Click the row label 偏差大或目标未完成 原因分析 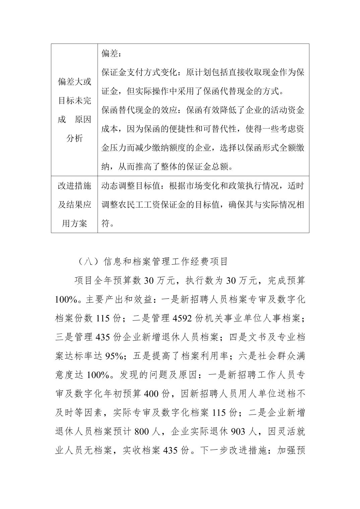click(x=74, y=110)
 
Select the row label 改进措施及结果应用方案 click(x=74, y=205)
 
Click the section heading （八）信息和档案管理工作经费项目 click(x=152, y=262)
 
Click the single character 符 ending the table click(x=106, y=223)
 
